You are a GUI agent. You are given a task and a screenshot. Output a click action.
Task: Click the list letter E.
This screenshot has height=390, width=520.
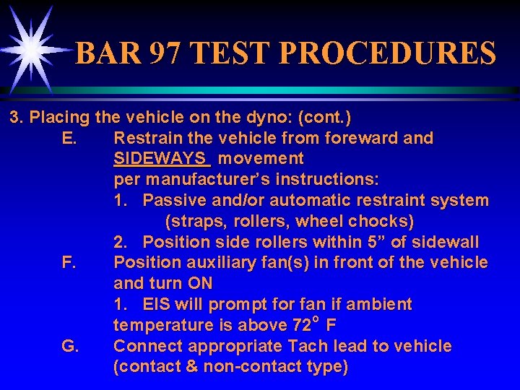pos(69,137)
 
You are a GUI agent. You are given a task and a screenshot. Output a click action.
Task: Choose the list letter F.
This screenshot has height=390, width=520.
pos(69,262)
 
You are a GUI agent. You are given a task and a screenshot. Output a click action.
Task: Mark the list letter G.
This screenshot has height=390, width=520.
pos(70,346)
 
